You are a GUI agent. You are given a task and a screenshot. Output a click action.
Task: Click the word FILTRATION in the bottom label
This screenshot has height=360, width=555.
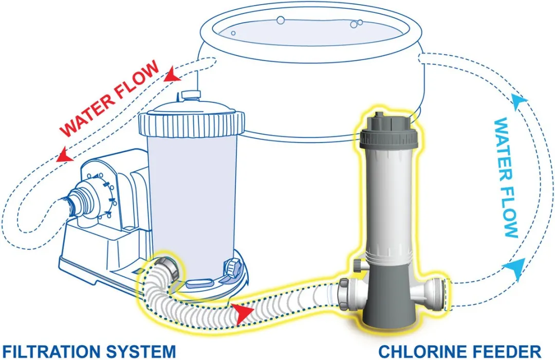click(x=49, y=351)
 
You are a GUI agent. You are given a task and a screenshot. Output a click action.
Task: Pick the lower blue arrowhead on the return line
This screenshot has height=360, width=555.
click(x=519, y=265)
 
